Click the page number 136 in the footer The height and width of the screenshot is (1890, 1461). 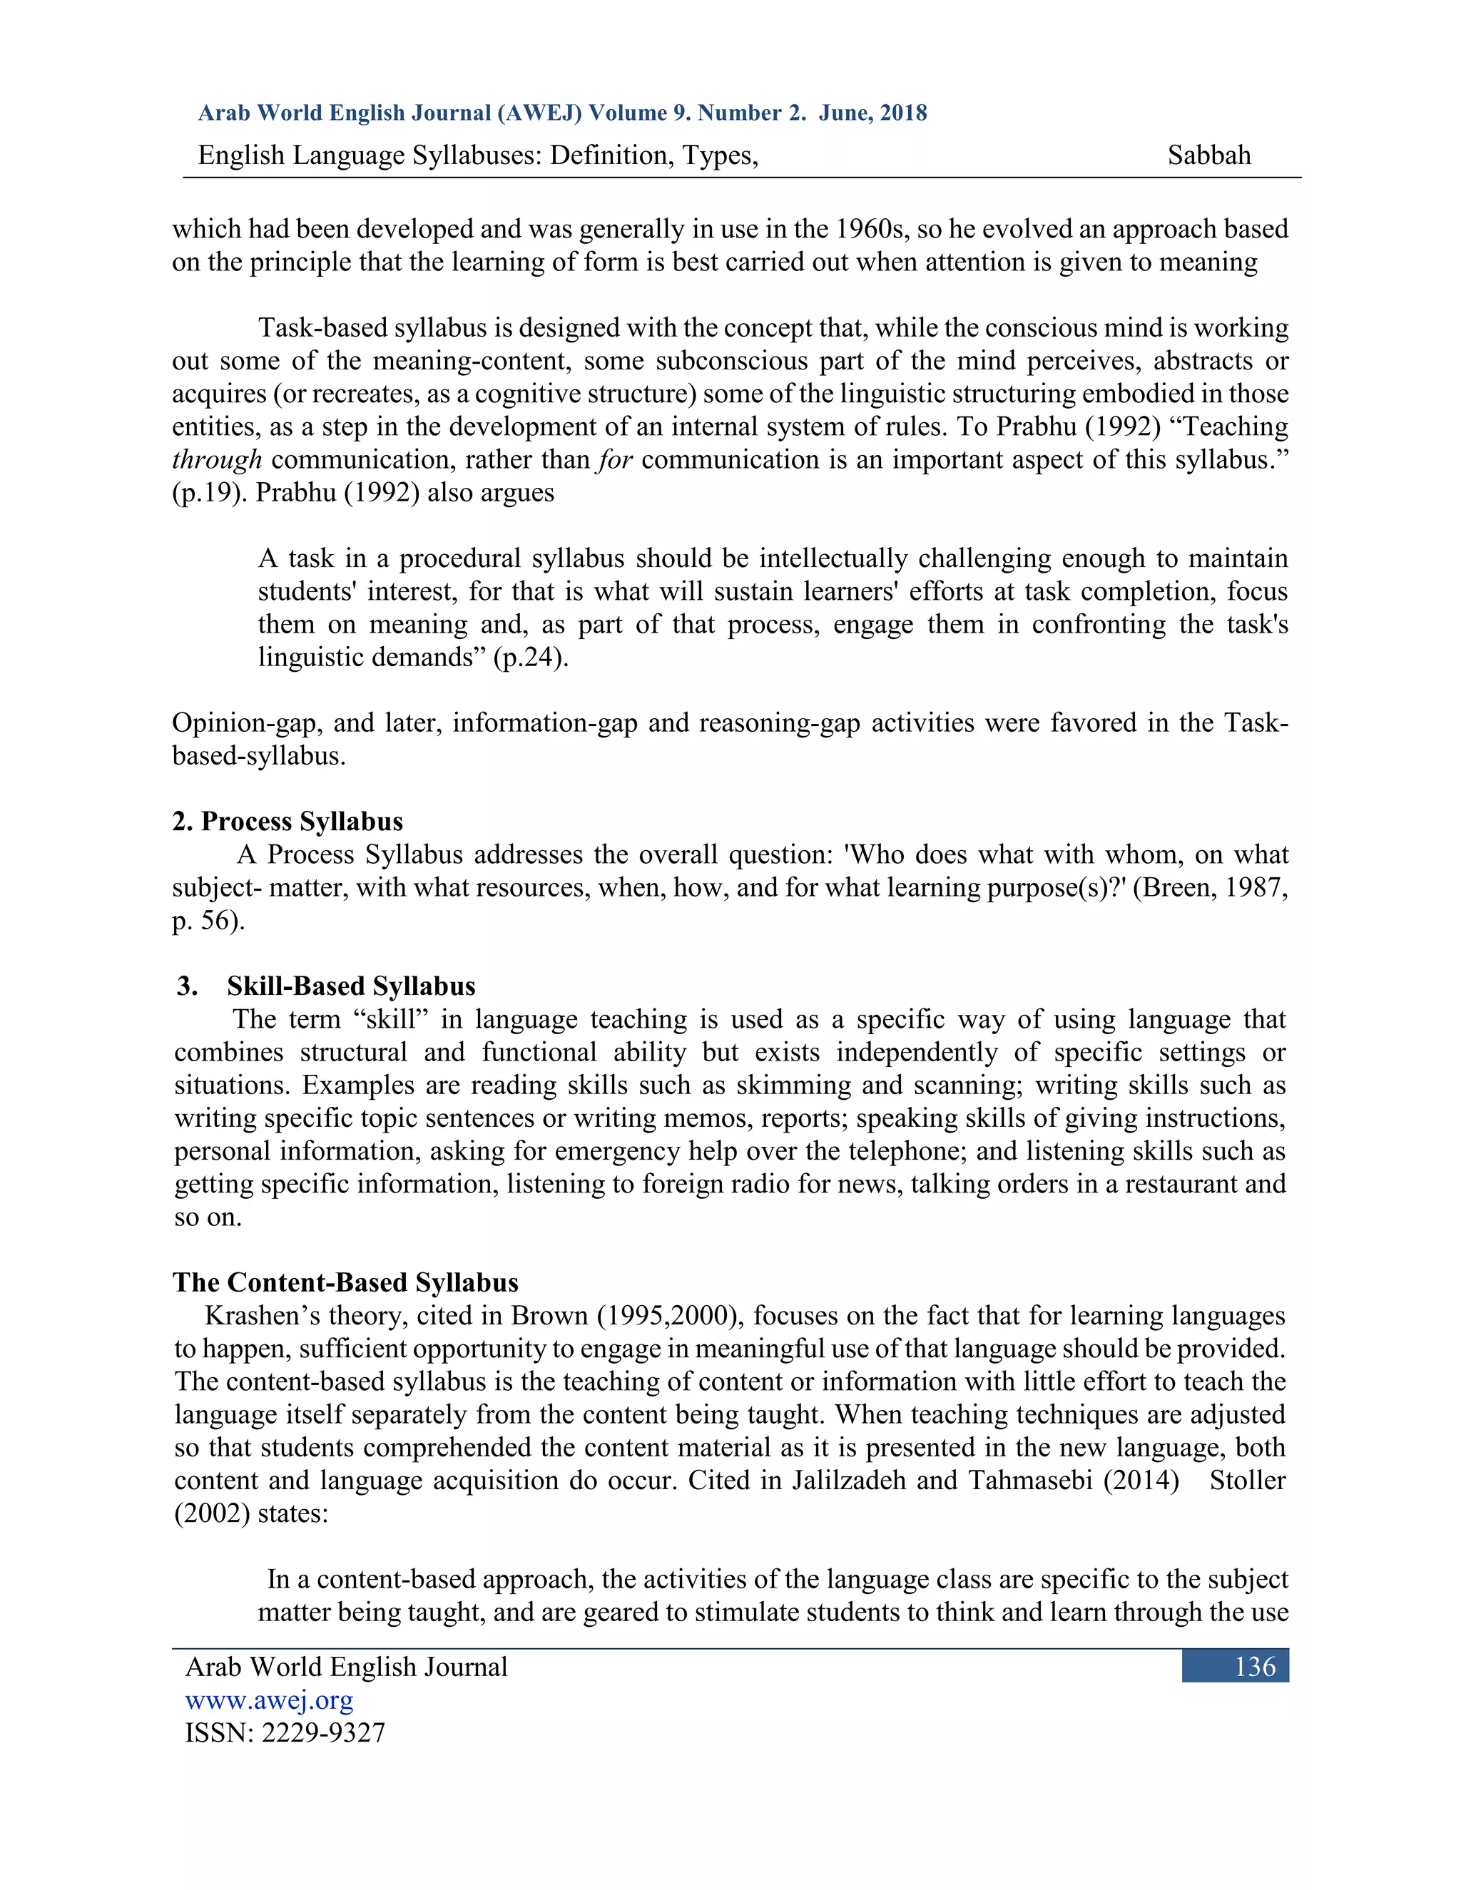[1254, 1666]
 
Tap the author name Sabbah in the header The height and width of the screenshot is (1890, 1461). [1208, 155]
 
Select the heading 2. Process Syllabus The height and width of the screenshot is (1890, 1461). [287, 821]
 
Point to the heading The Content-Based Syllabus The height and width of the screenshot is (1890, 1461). [345, 1282]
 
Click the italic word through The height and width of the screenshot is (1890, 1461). [216, 459]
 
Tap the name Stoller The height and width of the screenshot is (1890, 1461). [1246, 1480]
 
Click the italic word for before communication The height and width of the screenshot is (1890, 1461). [614, 459]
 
